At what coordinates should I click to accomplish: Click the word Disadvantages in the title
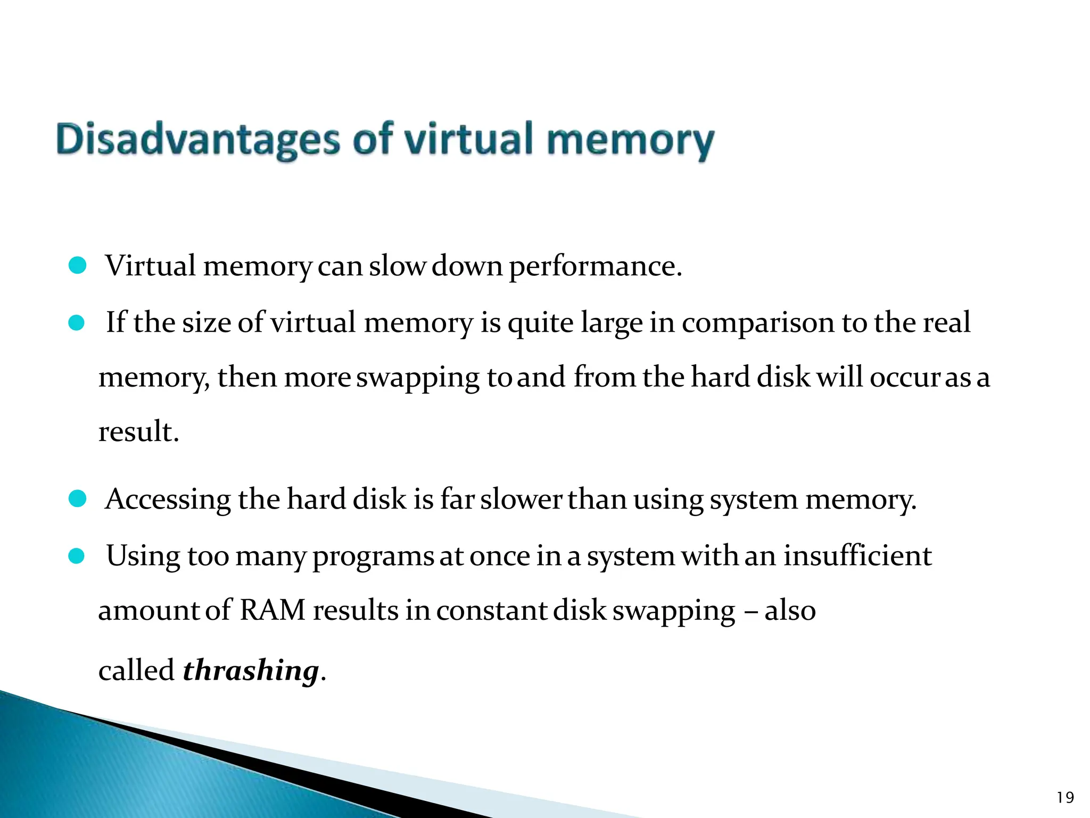pyautogui.click(x=197, y=140)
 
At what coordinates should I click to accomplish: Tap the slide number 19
pyautogui.click(x=1065, y=797)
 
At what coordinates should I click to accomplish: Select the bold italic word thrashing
pyautogui.click(x=251, y=670)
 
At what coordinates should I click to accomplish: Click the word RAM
pyautogui.click(x=272, y=610)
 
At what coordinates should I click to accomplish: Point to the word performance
pyautogui.click(x=595, y=266)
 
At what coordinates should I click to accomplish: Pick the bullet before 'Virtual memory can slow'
pyautogui.click(x=78, y=265)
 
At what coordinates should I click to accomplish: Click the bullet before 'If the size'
pyautogui.click(x=77, y=323)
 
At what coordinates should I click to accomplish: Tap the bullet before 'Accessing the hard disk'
pyautogui.click(x=78, y=499)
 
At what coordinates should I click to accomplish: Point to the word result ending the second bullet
pyautogui.click(x=138, y=431)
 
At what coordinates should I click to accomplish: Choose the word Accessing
pyautogui.click(x=168, y=501)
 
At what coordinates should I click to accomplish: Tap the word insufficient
pyautogui.click(x=857, y=556)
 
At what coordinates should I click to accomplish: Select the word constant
pyautogui.click(x=491, y=610)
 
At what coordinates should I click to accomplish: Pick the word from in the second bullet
pyautogui.click(x=604, y=377)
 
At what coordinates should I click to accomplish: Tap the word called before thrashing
pyautogui.click(x=136, y=670)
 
